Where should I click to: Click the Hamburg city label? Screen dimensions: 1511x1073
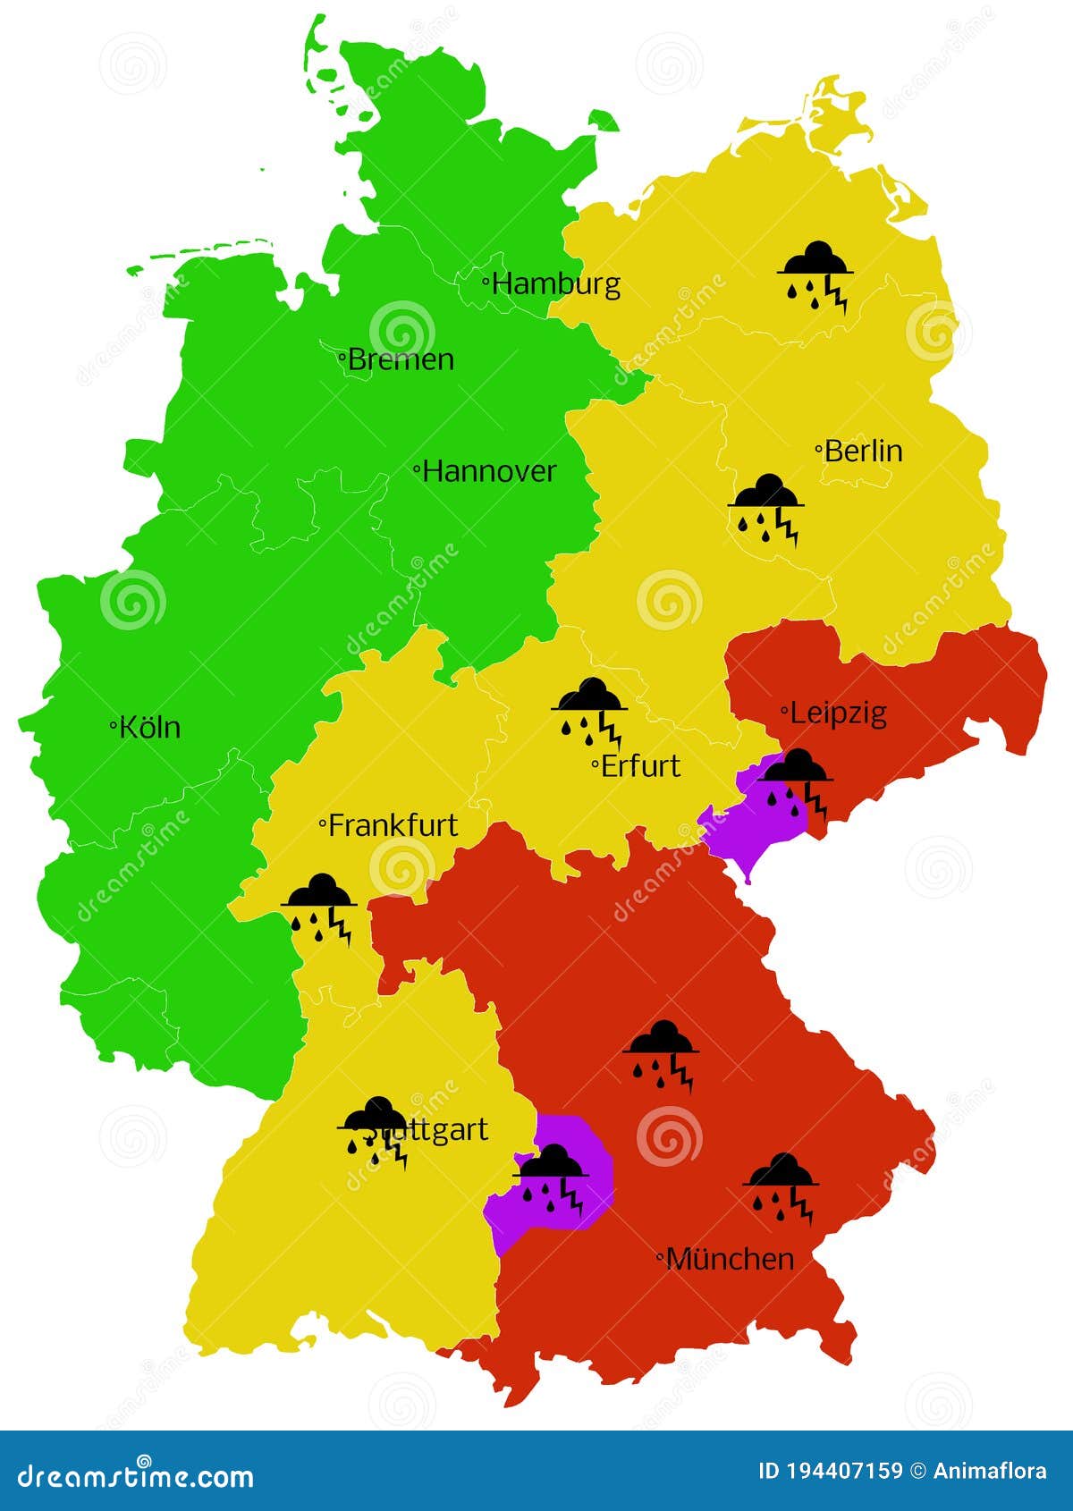point(555,284)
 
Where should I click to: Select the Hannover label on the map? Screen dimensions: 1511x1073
point(488,471)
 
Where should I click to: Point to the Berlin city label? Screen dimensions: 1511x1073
point(863,451)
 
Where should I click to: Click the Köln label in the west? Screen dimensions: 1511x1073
point(149,727)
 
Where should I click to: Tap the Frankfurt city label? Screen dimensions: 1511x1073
point(393,825)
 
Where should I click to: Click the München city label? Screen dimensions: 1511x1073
point(730,1259)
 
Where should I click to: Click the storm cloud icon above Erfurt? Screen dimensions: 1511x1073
point(589,711)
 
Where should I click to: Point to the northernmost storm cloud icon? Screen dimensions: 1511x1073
point(815,274)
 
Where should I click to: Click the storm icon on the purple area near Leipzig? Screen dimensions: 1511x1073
point(795,782)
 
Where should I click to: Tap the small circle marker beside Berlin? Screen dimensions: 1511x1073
point(819,451)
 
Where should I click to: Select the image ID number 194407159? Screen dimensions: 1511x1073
point(845,1471)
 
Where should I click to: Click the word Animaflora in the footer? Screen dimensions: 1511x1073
point(990,1471)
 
